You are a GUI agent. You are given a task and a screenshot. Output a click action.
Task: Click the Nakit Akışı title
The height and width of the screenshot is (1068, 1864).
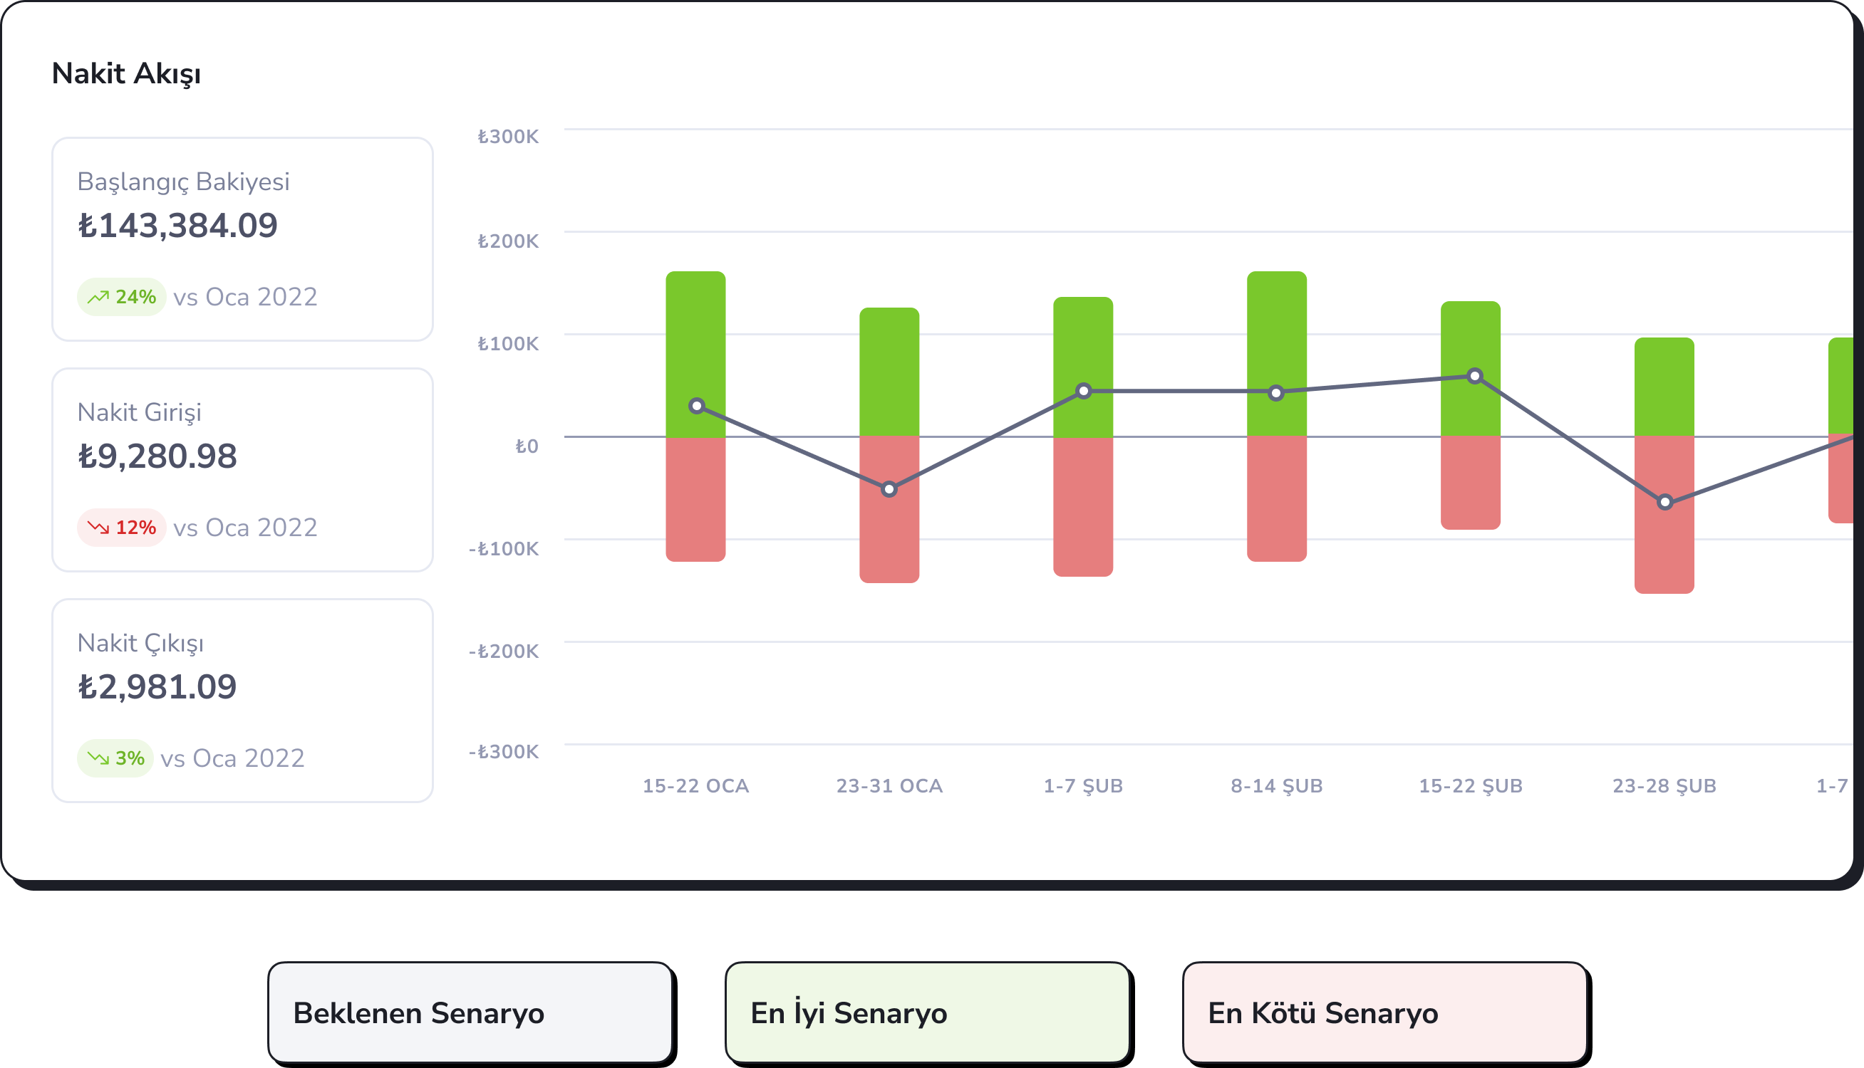[126, 74]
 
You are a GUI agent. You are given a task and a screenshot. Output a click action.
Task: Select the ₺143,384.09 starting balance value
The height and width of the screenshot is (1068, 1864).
[177, 226]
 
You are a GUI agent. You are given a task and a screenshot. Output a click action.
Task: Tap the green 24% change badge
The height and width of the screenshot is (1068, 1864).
[122, 297]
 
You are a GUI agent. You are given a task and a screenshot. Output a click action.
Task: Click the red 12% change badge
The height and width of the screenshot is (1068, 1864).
[122, 528]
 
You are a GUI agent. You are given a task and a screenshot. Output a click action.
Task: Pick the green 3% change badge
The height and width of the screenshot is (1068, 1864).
[115, 758]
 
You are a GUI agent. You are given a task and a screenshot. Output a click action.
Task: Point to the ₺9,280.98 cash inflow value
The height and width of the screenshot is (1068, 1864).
[157, 456]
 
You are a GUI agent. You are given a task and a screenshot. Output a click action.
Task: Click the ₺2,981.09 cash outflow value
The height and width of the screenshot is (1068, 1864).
[157, 687]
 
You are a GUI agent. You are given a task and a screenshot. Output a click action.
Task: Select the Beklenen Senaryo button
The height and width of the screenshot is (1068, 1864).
[470, 1012]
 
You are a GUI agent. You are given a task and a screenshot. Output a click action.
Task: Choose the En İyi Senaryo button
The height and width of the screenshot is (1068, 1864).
[928, 1012]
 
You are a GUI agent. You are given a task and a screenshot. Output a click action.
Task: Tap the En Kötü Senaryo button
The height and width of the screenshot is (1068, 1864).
[1384, 1012]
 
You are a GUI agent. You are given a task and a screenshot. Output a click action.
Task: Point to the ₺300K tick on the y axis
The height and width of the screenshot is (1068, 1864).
[508, 137]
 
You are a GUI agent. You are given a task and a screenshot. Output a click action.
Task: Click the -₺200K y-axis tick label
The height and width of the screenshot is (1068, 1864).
[504, 651]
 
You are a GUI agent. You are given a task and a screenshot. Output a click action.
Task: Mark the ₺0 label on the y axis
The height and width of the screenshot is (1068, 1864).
[526, 446]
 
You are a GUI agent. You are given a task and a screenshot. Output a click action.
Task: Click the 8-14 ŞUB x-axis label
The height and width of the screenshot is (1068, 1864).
[1277, 786]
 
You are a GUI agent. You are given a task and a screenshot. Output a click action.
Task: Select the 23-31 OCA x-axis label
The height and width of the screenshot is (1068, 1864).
[889, 786]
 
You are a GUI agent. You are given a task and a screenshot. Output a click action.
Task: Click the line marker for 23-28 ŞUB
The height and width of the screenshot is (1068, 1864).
[1665, 503]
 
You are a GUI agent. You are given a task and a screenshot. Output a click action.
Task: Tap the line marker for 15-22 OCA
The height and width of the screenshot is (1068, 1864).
[697, 406]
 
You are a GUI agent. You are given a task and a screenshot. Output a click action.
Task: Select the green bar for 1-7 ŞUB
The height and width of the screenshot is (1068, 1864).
[1083, 367]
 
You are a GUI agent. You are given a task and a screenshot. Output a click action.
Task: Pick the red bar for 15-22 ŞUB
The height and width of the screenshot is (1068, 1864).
[1471, 483]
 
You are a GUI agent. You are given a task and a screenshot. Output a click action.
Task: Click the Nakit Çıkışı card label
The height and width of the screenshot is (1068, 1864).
[140, 644]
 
